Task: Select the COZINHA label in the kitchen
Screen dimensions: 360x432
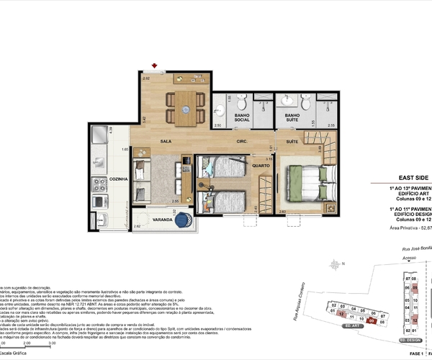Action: point(119,179)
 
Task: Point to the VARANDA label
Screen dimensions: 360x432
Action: point(151,211)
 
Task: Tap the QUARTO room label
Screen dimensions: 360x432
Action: point(261,166)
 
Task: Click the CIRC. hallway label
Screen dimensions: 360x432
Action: point(241,142)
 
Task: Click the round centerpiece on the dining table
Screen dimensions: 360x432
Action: point(186,109)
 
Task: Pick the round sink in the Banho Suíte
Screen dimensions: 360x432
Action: point(289,100)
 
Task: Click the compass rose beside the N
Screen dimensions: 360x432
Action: point(336,266)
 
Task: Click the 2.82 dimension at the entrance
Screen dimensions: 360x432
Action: point(146,78)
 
